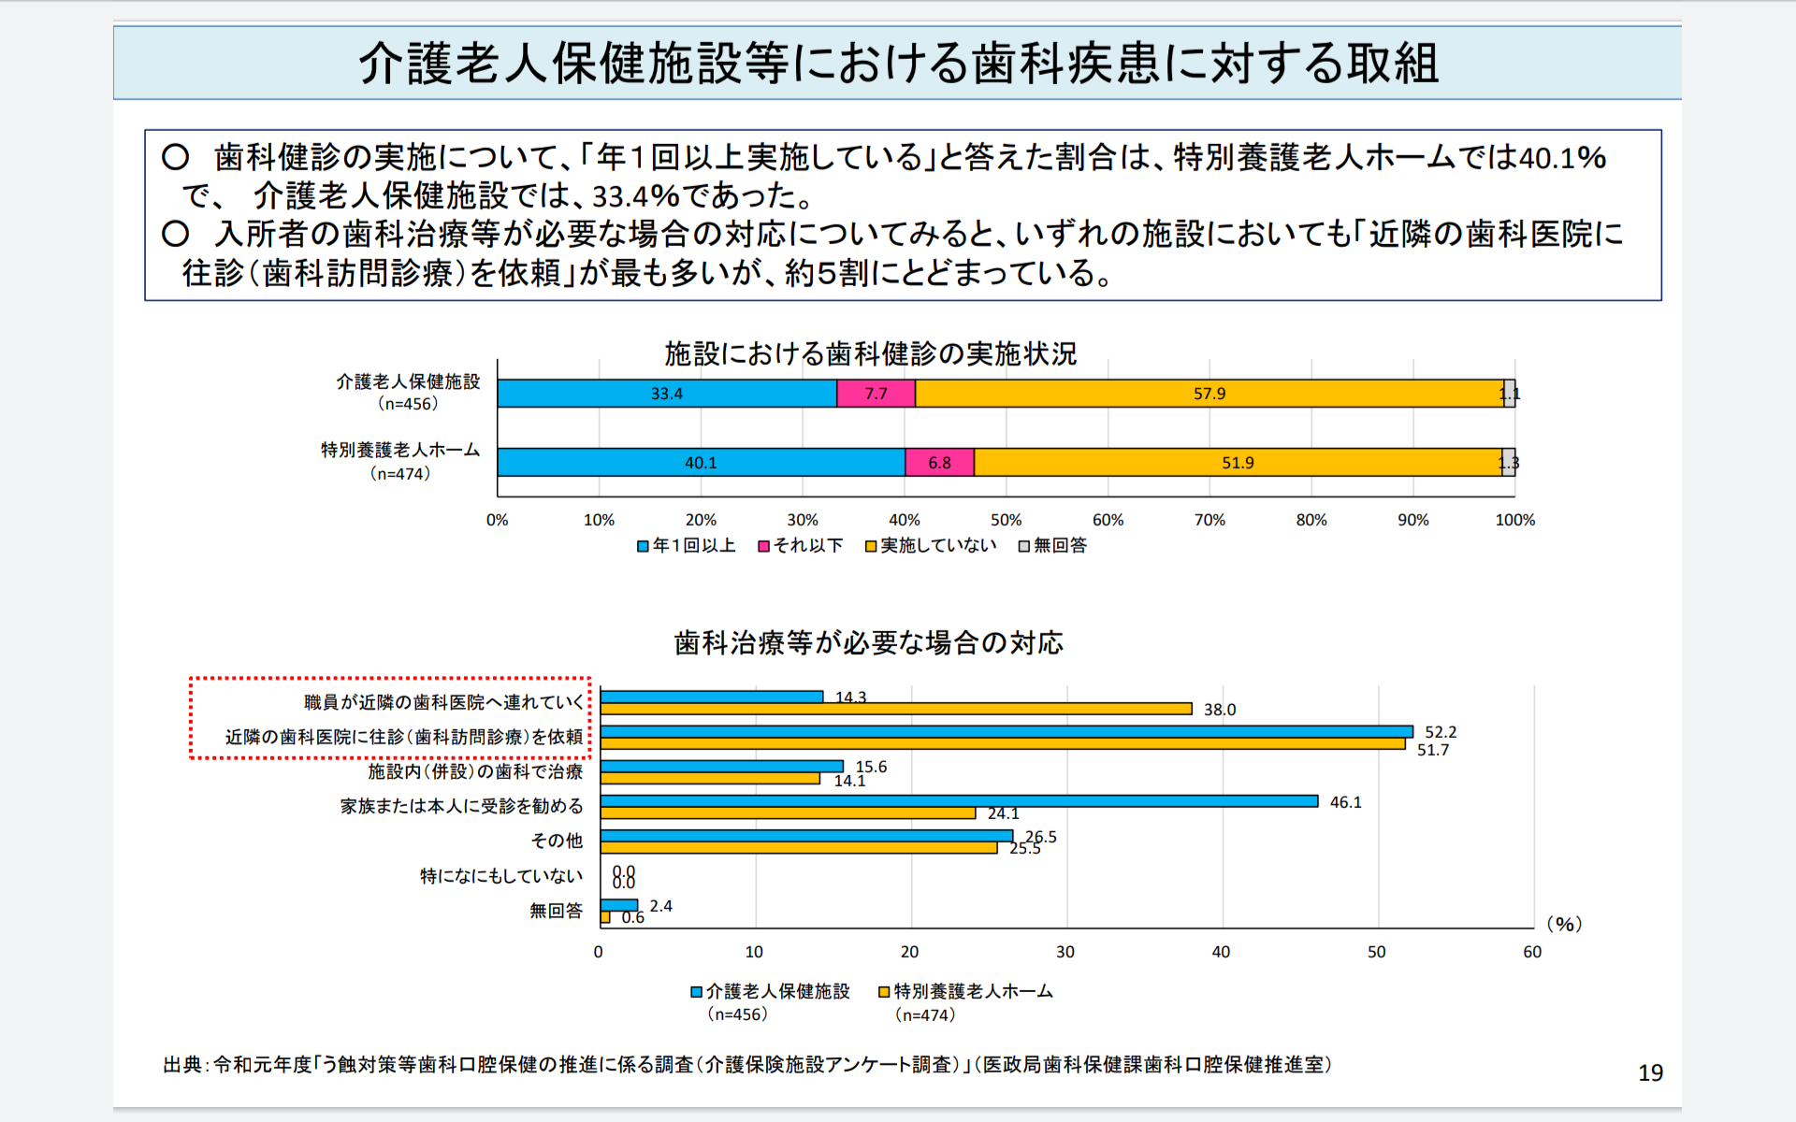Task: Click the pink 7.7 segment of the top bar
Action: point(876,394)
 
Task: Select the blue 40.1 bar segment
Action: point(701,463)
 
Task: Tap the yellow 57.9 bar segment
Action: point(1209,394)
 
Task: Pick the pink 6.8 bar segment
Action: point(939,463)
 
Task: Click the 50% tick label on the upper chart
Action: point(1006,520)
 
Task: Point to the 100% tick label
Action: point(1514,520)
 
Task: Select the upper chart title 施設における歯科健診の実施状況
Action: point(870,353)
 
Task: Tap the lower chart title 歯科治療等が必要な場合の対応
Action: point(868,642)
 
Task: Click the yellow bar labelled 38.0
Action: point(896,709)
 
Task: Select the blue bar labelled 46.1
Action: point(959,801)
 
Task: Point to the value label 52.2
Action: point(1441,732)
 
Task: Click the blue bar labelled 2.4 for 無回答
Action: point(618,905)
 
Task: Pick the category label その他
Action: point(557,841)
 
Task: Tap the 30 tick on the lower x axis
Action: point(1065,952)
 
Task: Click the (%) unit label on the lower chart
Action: point(1564,924)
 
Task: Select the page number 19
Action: point(1650,1072)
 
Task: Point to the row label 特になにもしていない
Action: point(501,876)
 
